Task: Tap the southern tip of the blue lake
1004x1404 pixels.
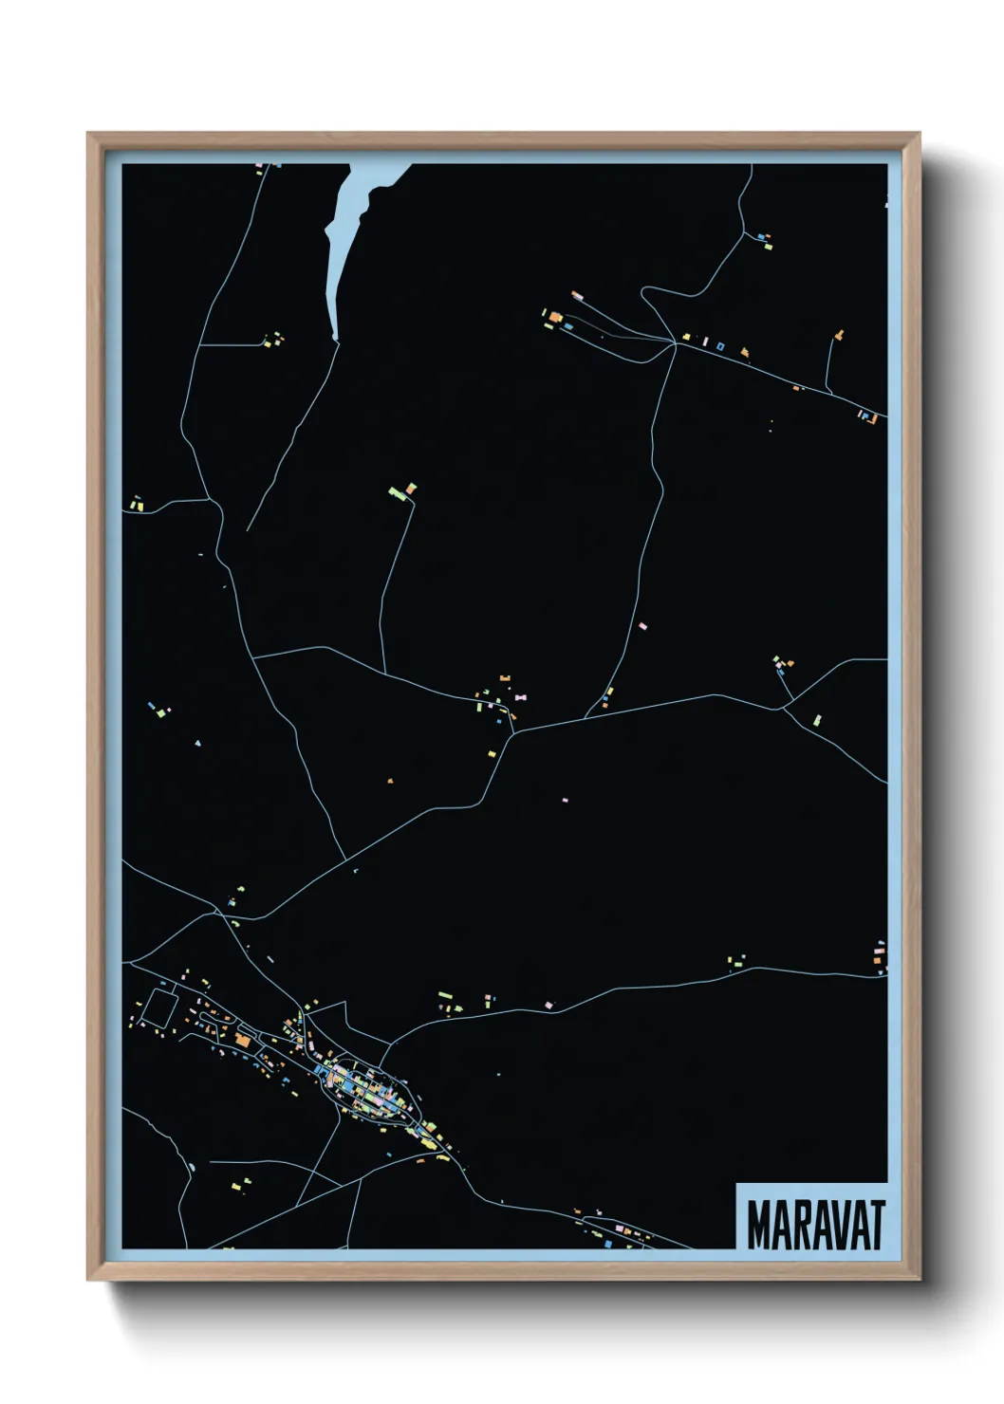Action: (336, 337)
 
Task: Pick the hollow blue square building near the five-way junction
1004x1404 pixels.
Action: (720, 346)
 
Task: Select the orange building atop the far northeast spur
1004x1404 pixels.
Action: (839, 334)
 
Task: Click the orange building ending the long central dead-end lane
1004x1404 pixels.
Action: (411, 488)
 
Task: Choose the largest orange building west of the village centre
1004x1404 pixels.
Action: (242, 1042)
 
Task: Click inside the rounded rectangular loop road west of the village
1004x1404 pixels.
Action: (159, 1007)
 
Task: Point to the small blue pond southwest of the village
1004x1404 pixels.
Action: (191, 1166)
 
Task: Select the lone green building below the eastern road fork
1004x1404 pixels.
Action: (817, 720)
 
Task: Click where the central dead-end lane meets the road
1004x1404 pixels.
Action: (385, 674)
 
